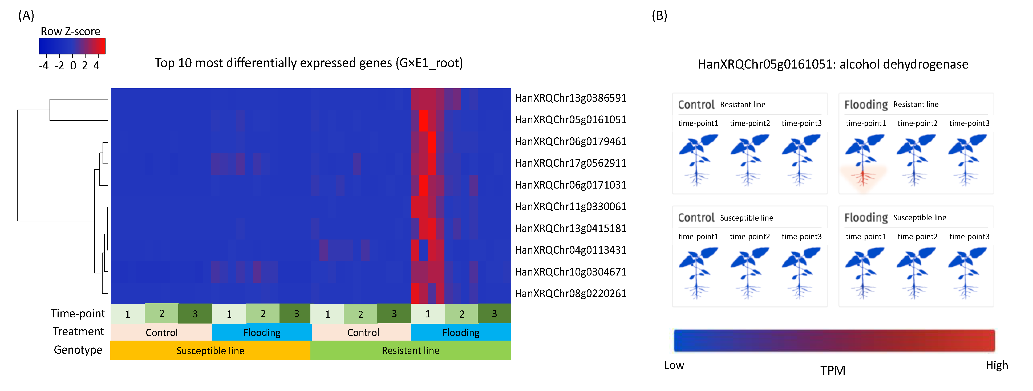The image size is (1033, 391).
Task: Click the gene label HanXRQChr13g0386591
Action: point(570,98)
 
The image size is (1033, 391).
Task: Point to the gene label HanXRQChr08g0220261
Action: point(570,293)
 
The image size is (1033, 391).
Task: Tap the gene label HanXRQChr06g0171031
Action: point(570,185)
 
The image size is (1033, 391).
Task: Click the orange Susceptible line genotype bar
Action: point(210,350)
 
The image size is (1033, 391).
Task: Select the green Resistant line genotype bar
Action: point(410,350)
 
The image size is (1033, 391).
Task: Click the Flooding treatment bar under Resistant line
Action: point(461,332)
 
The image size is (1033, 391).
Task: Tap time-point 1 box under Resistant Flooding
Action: point(427,314)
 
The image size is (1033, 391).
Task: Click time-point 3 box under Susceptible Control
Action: point(195,314)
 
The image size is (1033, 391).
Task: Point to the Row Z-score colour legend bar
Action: point(72,46)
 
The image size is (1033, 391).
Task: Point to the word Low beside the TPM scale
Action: point(674,365)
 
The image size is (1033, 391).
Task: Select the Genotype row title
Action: point(78,350)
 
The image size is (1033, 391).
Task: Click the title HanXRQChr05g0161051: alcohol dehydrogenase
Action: point(833,64)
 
